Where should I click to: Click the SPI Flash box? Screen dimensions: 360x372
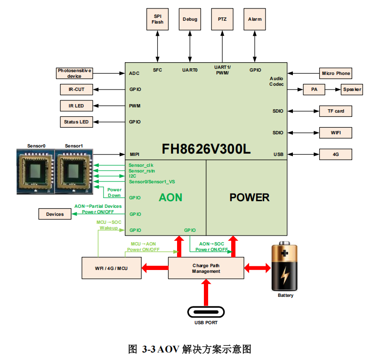[158, 19]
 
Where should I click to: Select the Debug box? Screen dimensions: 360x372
[190, 19]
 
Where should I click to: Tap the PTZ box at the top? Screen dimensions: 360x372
[222, 19]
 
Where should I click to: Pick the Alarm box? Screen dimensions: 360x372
[255, 19]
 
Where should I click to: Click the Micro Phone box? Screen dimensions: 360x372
[335, 73]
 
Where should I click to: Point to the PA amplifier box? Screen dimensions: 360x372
[314, 89]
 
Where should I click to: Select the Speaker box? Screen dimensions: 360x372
[352, 89]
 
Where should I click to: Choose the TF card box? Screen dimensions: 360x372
[335, 111]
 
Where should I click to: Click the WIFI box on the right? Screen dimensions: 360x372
[335, 132]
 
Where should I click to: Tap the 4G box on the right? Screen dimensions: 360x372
[335, 154]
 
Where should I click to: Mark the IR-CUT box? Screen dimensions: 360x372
[76, 89]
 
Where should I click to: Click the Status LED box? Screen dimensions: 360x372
[76, 122]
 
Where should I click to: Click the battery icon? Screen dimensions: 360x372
[285, 267]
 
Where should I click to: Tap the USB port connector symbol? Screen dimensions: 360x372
[206, 312]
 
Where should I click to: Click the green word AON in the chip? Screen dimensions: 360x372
[170, 197]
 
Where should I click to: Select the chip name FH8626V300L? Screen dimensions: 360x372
[206, 149]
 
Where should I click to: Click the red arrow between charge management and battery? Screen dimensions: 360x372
[257, 268]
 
